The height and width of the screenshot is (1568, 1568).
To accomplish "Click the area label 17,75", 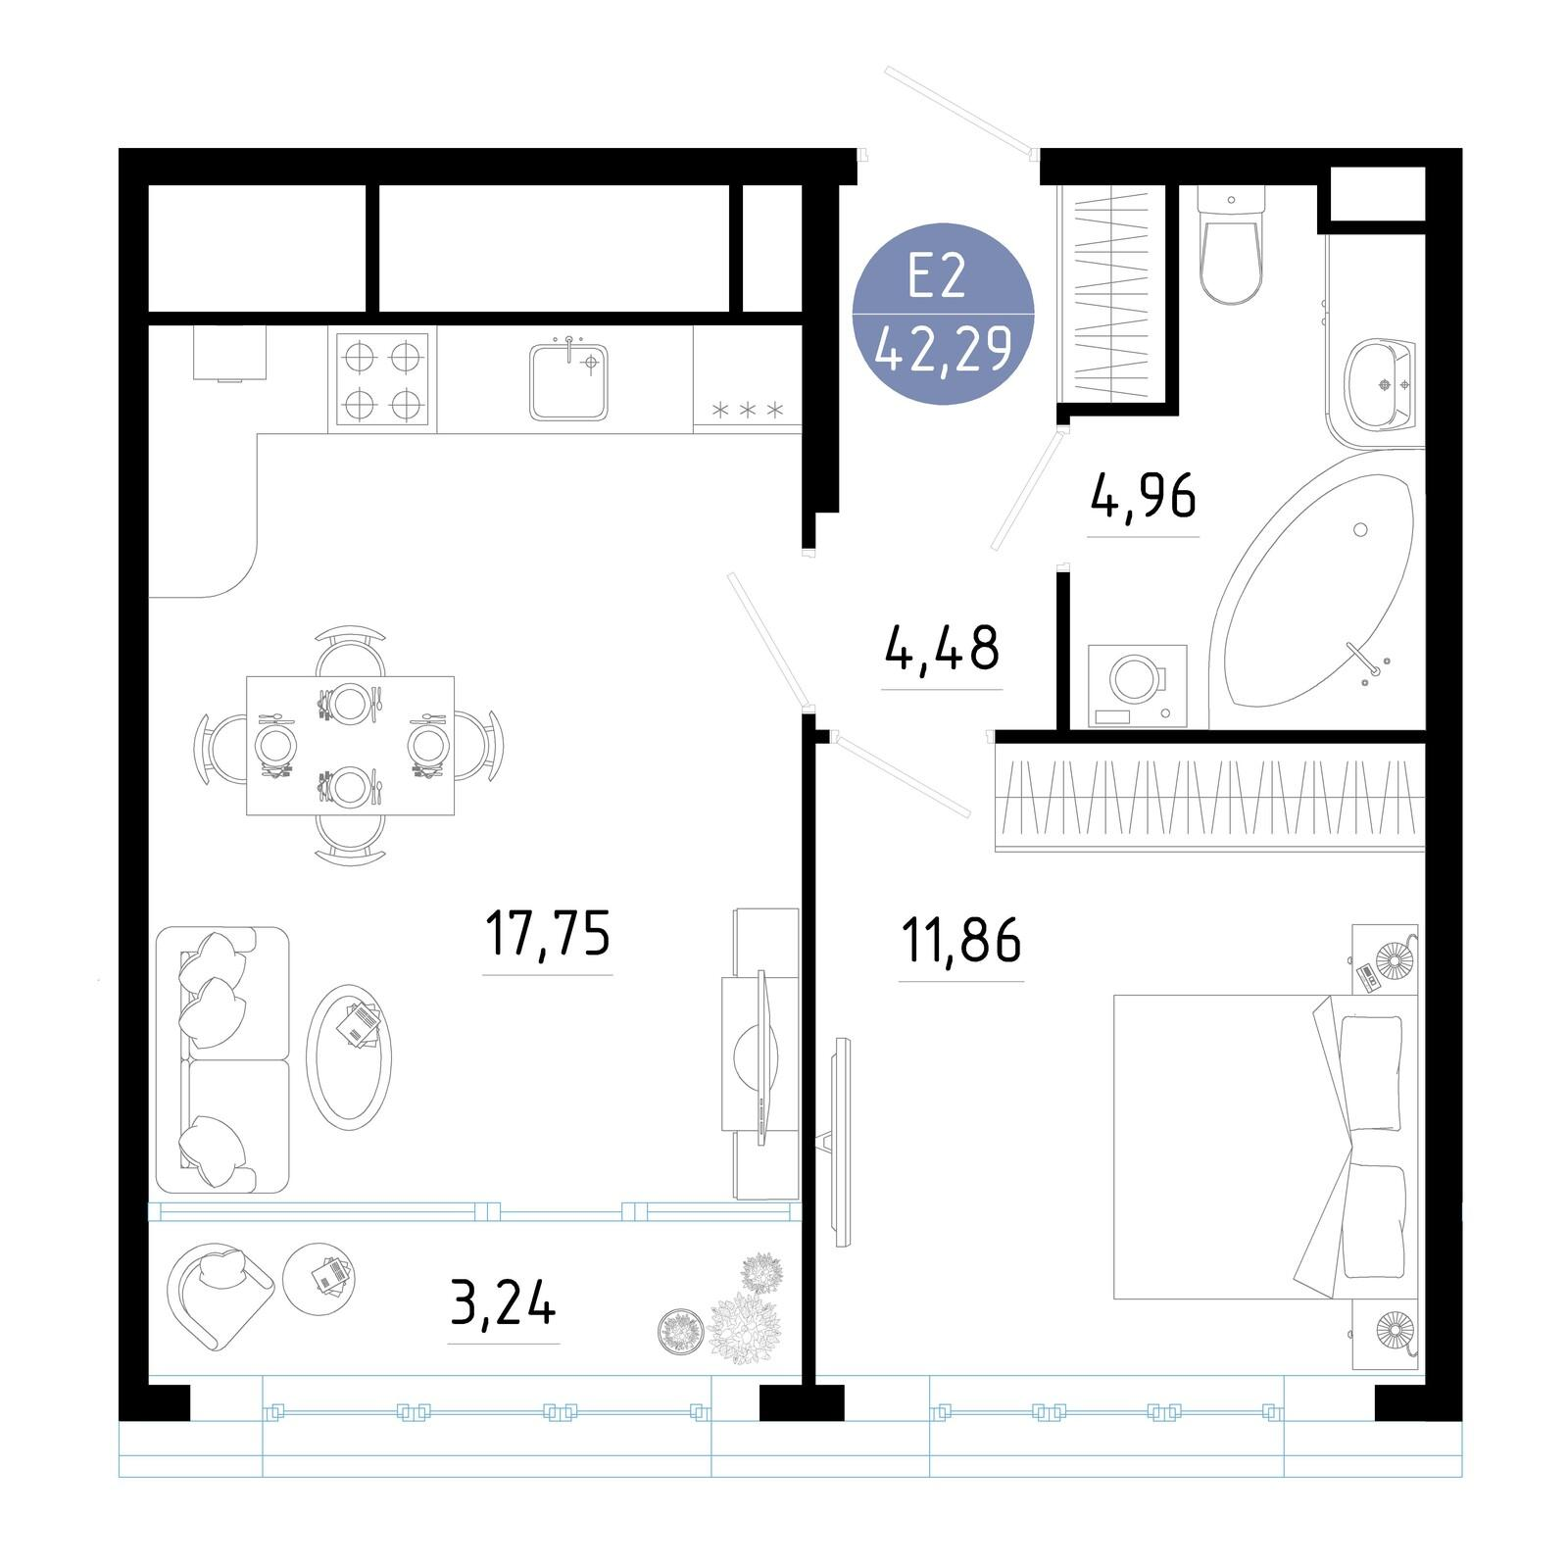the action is [548, 933].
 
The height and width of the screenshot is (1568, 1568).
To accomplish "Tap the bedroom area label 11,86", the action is [961, 939].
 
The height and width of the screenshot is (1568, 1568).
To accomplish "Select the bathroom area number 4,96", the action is [1143, 496].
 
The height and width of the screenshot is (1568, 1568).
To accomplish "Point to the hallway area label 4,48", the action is [942, 648].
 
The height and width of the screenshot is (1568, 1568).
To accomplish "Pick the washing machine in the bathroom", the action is [1138, 686].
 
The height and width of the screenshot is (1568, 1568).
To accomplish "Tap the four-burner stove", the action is [382, 378].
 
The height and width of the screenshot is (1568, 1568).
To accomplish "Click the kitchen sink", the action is [568, 380].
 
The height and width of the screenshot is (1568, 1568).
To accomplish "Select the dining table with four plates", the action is [350, 745].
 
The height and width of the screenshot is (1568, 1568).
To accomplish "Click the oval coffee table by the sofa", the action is [349, 1057].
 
